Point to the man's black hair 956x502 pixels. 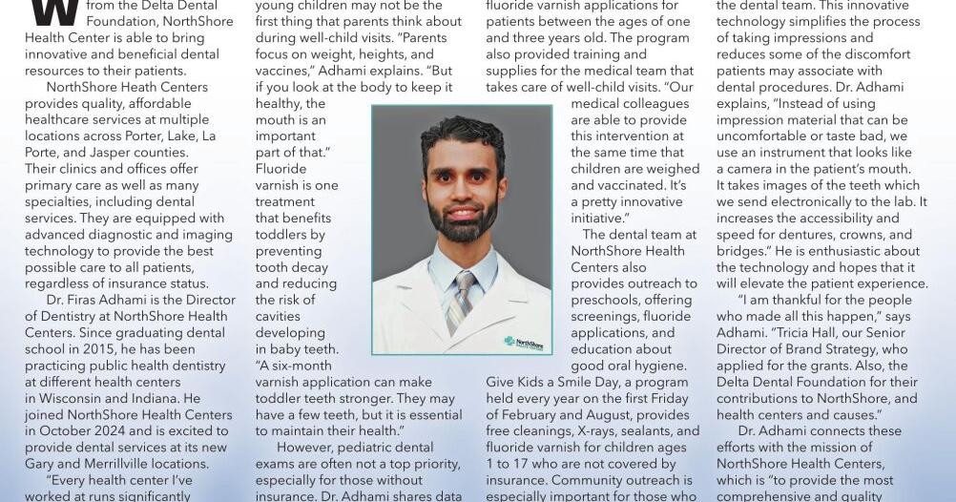coord(462,134)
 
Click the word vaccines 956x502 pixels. coord(287,70)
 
